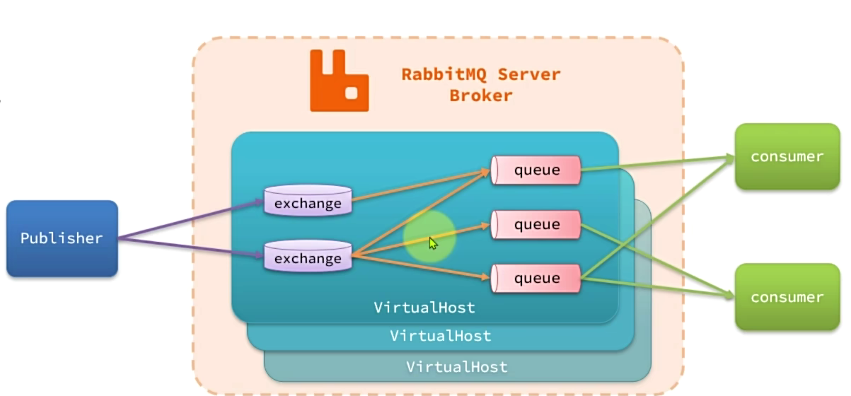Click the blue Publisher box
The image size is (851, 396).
coord(62,238)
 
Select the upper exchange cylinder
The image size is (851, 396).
coord(308,201)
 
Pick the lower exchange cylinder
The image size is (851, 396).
coord(308,256)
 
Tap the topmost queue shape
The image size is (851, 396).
coord(536,170)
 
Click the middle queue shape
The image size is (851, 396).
coord(536,225)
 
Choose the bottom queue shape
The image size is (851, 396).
coord(536,278)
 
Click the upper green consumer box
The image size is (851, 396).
coord(787,156)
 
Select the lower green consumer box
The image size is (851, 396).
coord(787,297)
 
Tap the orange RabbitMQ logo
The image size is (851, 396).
coord(339,81)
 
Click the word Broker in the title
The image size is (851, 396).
coord(480,95)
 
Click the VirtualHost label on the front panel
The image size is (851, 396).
coord(424,308)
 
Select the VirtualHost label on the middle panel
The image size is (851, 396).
coord(440,336)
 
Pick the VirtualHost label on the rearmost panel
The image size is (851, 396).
coord(456,367)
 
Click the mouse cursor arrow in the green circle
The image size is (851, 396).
coord(433,243)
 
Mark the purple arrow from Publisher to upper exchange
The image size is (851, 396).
coord(191,220)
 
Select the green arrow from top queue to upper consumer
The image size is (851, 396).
coord(658,164)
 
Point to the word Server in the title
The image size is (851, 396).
coord(527,74)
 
